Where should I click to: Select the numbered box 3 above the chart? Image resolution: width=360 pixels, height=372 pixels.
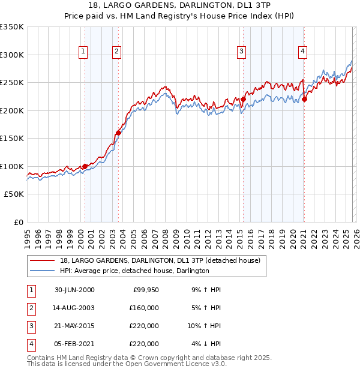[x=241, y=52]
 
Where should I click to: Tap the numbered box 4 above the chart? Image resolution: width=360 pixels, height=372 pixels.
[x=303, y=52]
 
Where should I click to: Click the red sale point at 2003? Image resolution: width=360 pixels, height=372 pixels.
[x=118, y=133]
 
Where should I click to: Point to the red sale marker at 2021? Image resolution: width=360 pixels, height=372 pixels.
[x=305, y=100]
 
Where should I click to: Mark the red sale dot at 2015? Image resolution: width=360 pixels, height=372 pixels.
[x=244, y=100]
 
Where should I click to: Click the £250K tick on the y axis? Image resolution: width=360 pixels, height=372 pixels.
[x=12, y=83]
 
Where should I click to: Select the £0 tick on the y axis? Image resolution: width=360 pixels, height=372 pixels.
[x=18, y=223]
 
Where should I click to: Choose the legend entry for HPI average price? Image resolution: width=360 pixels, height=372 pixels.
[x=134, y=271]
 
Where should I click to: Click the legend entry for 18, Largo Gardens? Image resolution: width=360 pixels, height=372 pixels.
[x=160, y=261]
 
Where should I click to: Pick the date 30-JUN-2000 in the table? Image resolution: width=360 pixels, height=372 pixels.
[x=74, y=290]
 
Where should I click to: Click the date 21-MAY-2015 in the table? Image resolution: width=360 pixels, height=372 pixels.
[x=74, y=326]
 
